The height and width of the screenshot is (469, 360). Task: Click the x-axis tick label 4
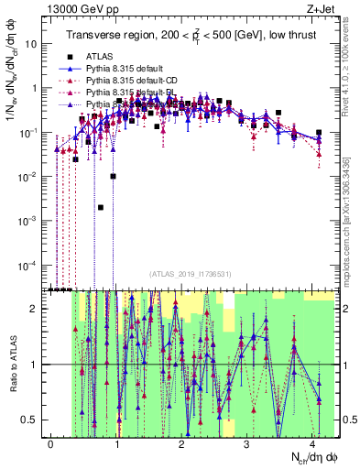click(312, 443)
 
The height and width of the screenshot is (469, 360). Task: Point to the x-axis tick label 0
click(51, 443)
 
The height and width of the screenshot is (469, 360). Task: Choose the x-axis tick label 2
click(181, 443)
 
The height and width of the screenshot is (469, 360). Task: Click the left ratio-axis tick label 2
click(38, 309)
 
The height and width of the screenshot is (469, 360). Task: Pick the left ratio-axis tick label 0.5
click(34, 420)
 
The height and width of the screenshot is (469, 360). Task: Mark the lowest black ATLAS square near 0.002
click(101, 208)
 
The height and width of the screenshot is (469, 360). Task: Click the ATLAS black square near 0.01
click(113, 176)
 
